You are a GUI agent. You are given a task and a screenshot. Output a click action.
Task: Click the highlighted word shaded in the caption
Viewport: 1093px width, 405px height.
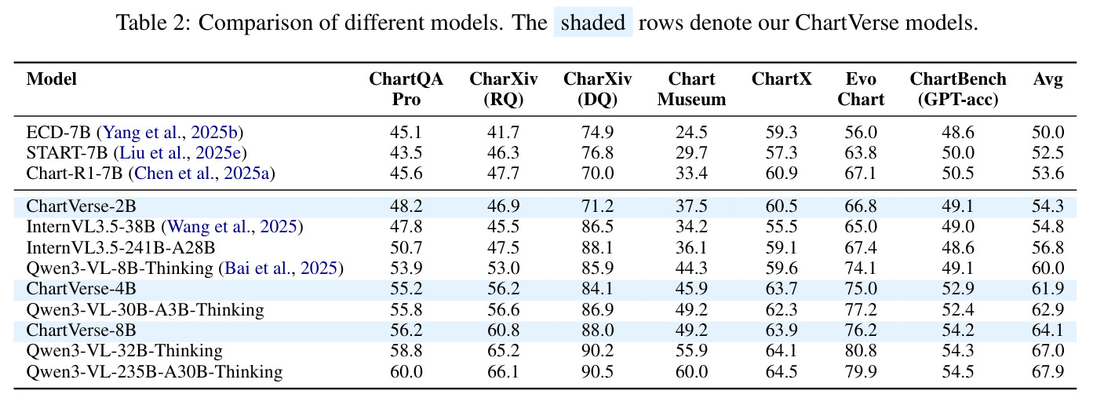point(593,23)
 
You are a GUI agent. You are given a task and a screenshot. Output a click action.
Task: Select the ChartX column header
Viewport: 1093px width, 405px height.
point(781,79)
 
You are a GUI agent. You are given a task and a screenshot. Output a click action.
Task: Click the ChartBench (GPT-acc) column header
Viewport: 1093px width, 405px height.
point(958,89)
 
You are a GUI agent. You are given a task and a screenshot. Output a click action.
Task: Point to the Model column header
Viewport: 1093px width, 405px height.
point(51,79)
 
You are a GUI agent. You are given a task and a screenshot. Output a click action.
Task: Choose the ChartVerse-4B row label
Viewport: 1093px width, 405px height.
point(81,289)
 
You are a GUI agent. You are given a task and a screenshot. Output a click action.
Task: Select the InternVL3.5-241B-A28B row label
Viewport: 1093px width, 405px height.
point(121,248)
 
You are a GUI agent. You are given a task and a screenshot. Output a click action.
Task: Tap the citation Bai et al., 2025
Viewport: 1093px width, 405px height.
point(281,268)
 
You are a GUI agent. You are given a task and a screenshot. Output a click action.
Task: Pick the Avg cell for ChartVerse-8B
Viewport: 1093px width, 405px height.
point(1047,330)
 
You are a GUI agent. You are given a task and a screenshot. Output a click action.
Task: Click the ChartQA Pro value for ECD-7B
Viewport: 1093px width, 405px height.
point(406,133)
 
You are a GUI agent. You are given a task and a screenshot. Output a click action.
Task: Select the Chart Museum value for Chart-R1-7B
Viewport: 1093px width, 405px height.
point(691,173)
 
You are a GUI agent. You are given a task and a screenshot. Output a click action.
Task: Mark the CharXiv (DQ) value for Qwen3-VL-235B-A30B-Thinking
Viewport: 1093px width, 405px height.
point(597,372)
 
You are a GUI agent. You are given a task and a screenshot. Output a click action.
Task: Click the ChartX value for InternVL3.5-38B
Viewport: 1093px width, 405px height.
point(781,227)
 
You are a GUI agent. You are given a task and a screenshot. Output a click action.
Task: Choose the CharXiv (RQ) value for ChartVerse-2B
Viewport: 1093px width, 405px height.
point(503,206)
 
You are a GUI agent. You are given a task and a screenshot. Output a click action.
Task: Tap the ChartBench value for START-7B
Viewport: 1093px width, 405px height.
point(958,153)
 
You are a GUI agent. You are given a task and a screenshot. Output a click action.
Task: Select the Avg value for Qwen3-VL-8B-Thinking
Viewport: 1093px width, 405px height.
point(1047,268)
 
